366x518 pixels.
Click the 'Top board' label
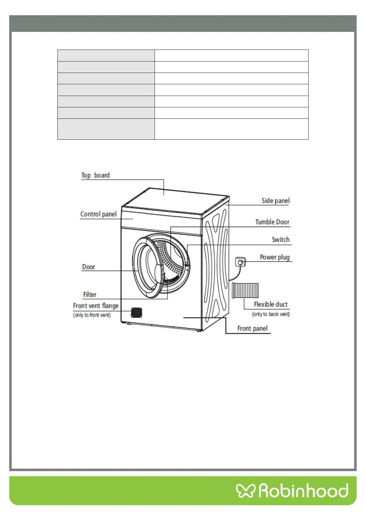tap(95, 175)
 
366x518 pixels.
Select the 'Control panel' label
tap(98, 214)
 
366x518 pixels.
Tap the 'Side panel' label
tap(275, 201)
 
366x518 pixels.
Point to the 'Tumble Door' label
tap(272, 222)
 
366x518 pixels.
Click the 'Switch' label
tap(281, 240)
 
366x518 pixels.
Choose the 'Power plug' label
tap(275, 257)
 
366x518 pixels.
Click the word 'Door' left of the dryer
tap(89, 267)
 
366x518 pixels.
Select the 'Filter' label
tap(90, 295)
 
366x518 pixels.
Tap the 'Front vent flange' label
tap(96, 306)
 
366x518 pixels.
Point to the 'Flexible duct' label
tap(271, 305)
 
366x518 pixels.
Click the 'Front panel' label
tap(252, 329)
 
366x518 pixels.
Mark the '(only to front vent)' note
tap(92, 315)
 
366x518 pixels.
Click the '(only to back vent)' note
tap(271, 314)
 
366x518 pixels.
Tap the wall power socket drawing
tap(240, 262)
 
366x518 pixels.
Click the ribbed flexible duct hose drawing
tap(245, 290)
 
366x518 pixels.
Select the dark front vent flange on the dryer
tap(136, 312)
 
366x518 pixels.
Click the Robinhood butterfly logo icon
tap(246, 491)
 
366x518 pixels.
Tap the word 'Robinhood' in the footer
tap(303, 491)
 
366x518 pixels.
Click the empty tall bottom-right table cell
tap(231, 129)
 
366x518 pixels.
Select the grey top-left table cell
tap(106, 55)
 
